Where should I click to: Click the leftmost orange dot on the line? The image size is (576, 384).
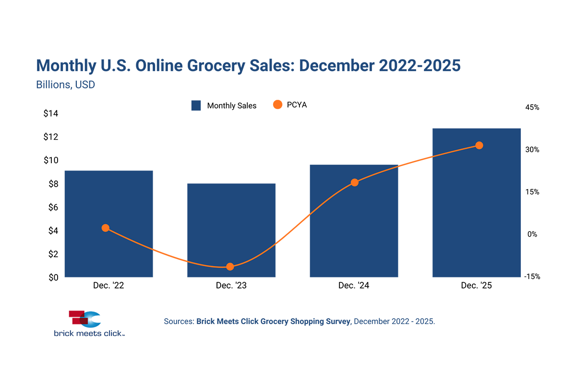106,228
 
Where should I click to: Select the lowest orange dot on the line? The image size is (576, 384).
230,267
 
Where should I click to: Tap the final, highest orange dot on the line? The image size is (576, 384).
479,145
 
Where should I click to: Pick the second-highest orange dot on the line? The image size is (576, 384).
354,182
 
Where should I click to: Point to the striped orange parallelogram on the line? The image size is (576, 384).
293,229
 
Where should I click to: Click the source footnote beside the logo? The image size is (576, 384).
298,321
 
